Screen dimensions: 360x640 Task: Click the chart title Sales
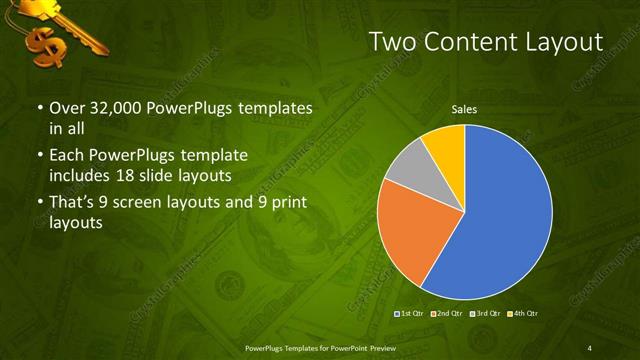click(x=463, y=108)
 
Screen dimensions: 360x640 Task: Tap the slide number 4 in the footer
click(x=589, y=347)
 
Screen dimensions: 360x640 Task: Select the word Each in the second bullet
click(x=67, y=156)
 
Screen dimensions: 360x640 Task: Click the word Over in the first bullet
click(x=67, y=108)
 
